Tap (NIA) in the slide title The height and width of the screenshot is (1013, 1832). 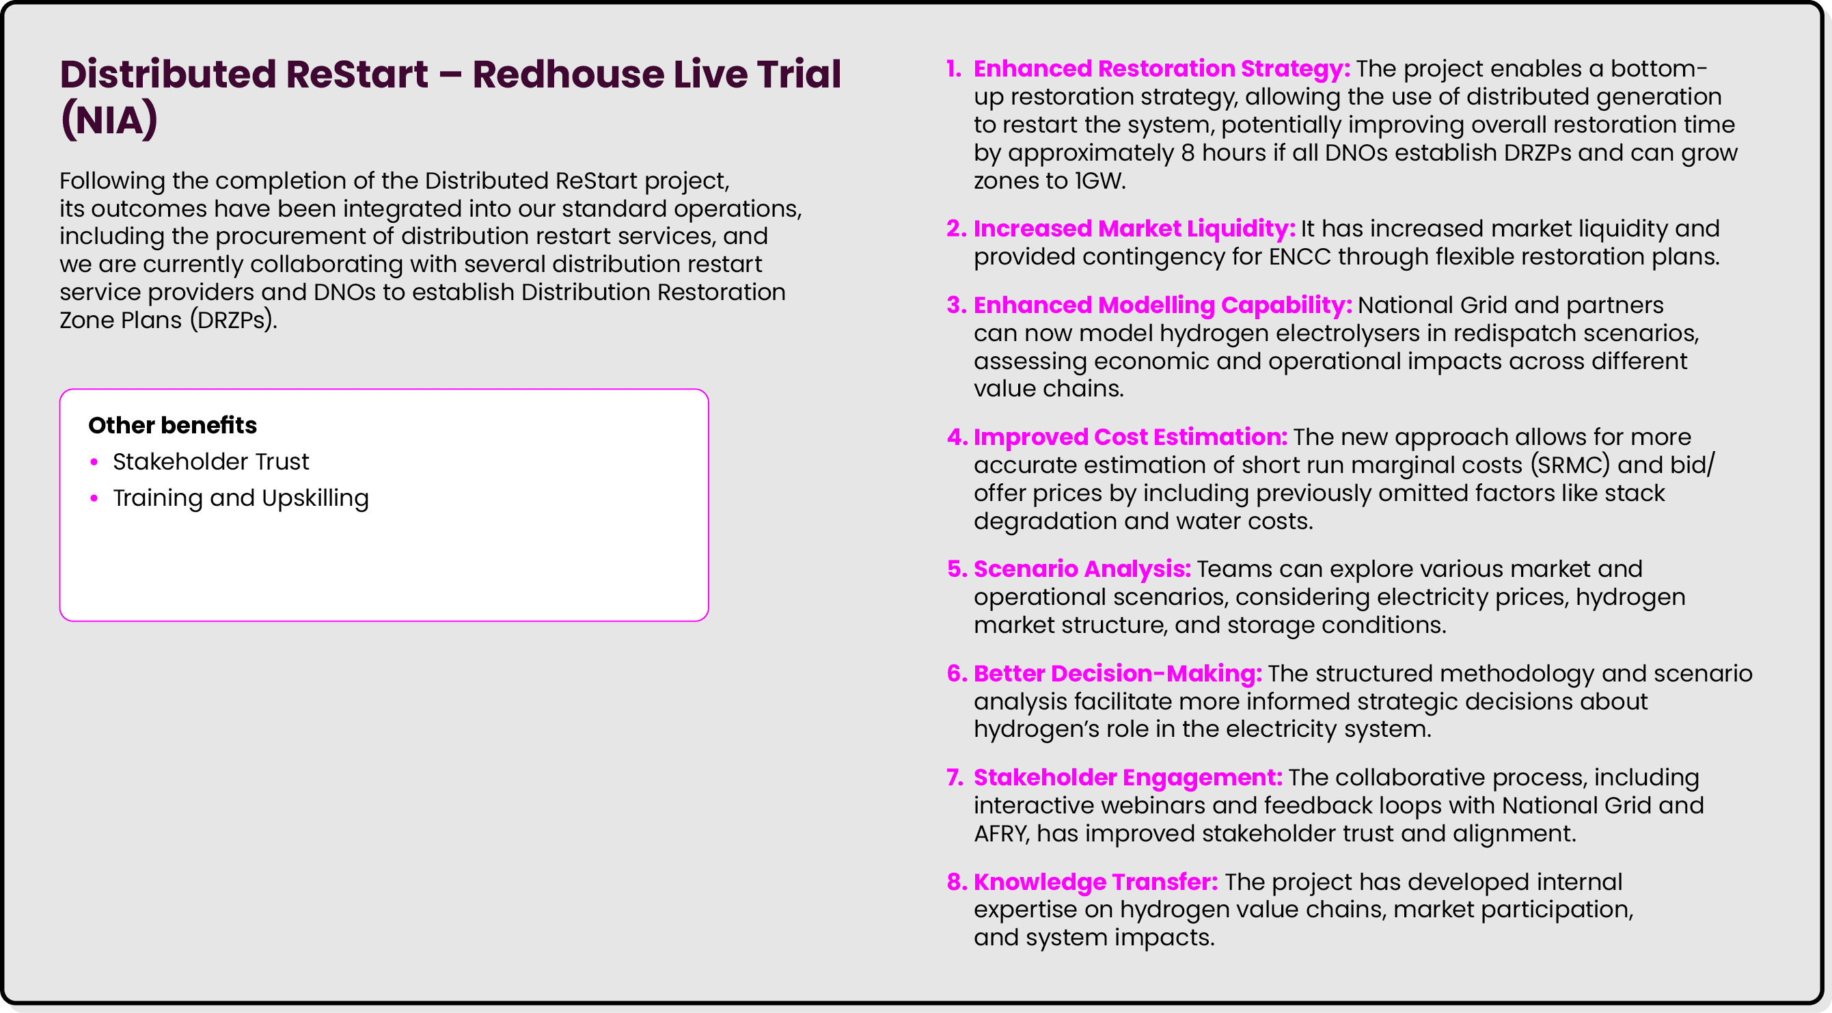tap(109, 120)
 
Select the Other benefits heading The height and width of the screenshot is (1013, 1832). tap(172, 424)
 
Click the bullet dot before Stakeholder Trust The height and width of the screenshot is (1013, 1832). tap(94, 462)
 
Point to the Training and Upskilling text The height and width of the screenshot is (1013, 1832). tap(241, 498)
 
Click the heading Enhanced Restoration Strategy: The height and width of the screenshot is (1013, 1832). tap(1162, 69)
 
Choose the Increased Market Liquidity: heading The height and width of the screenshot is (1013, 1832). tap(1134, 228)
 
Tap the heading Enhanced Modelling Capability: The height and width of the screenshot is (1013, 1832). tap(1162, 305)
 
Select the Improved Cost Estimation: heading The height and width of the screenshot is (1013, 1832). tap(1130, 437)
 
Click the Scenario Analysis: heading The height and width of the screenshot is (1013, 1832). tap(1082, 569)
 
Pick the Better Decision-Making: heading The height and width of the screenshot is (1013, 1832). tap(1117, 673)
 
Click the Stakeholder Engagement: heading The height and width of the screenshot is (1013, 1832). tap(1128, 778)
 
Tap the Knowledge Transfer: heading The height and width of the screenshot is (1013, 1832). tap(1095, 882)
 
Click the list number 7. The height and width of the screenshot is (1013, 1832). tap(955, 778)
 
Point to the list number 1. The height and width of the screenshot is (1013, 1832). tap(954, 69)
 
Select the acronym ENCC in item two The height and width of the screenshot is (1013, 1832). tap(1299, 257)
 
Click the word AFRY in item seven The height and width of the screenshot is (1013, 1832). tap(1001, 834)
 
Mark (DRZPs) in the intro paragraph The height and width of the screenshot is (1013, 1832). tap(233, 320)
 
